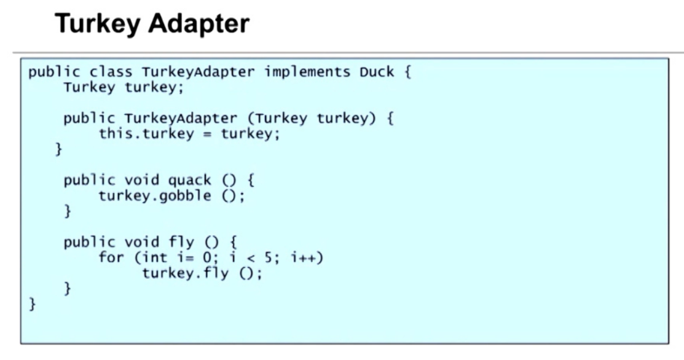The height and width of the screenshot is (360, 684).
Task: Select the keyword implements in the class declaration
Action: coord(308,71)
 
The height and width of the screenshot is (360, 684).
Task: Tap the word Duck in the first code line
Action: coord(377,71)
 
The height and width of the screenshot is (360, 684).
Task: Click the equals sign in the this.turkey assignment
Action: coord(207,133)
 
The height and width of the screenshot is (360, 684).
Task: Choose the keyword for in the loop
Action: coord(111,257)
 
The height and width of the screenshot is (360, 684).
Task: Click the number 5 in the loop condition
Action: coord(277,257)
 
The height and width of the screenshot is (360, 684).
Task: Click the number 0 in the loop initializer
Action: coord(206,257)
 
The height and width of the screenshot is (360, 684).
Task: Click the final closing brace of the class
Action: coord(33,304)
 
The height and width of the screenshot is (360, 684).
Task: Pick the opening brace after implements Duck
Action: coord(407,71)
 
